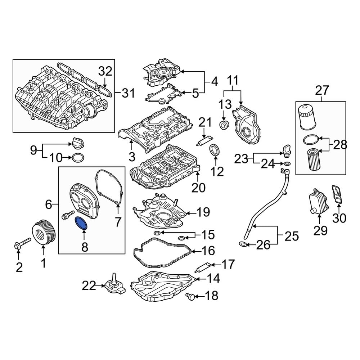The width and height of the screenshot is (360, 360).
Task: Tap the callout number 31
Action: coord(128,94)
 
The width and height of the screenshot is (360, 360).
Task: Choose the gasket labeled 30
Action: coord(337,195)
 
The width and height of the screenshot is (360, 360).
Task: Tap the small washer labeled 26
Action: coord(243,245)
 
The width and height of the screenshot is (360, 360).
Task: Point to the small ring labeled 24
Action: coord(286,165)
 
